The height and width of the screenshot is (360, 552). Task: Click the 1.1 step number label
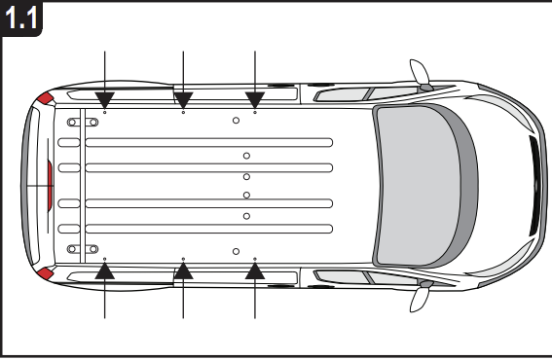click(x=21, y=19)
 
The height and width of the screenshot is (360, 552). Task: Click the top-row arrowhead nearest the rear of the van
click(x=105, y=98)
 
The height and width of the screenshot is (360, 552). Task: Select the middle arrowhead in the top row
click(x=183, y=98)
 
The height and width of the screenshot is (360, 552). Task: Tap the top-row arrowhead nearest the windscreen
click(x=254, y=98)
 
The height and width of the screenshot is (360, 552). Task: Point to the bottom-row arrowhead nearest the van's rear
click(x=105, y=271)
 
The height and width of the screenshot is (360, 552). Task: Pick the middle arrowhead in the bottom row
click(x=183, y=271)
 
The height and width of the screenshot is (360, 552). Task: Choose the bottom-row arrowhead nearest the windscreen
click(x=254, y=271)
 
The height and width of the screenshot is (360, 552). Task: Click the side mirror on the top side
click(x=421, y=74)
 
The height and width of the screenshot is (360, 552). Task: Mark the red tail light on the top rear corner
click(x=45, y=98)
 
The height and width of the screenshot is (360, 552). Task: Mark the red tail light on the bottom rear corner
click(x=45, y=270)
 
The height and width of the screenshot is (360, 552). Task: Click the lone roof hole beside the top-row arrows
click(x=237, y=120)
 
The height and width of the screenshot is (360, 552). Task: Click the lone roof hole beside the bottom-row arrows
click(x=237, y=250)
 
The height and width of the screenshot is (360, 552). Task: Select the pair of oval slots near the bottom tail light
click(x=75, y=248)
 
